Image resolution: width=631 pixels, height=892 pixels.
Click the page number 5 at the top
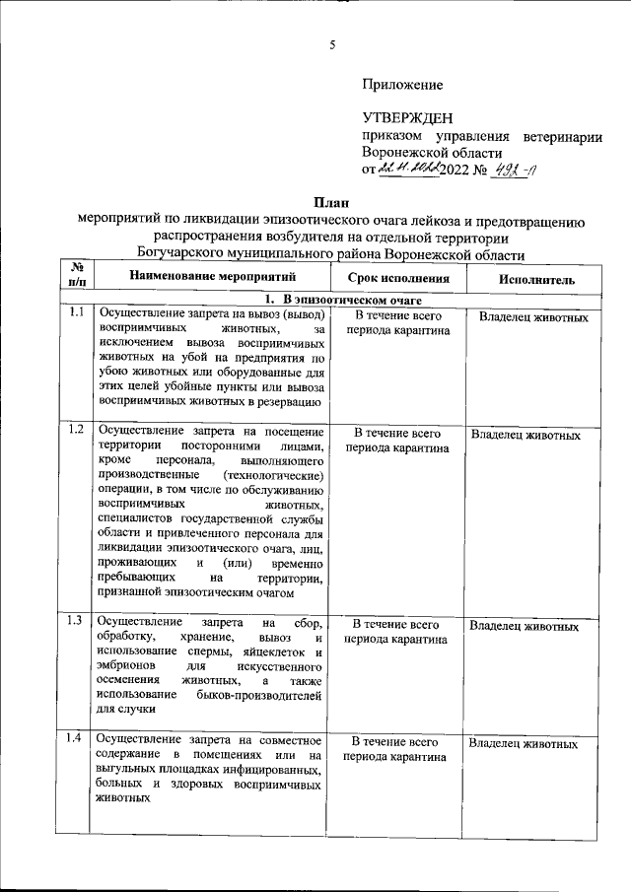332,44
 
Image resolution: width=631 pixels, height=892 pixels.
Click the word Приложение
402,85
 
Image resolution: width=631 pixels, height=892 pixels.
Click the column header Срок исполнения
396,278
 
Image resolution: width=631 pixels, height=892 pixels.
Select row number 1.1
75,314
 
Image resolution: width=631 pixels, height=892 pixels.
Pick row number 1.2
75,429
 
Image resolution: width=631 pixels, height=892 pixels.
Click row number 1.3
75,621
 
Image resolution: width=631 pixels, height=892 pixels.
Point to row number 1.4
75,739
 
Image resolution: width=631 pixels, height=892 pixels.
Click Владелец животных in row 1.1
533,318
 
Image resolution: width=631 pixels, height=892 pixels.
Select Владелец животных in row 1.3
524,626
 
